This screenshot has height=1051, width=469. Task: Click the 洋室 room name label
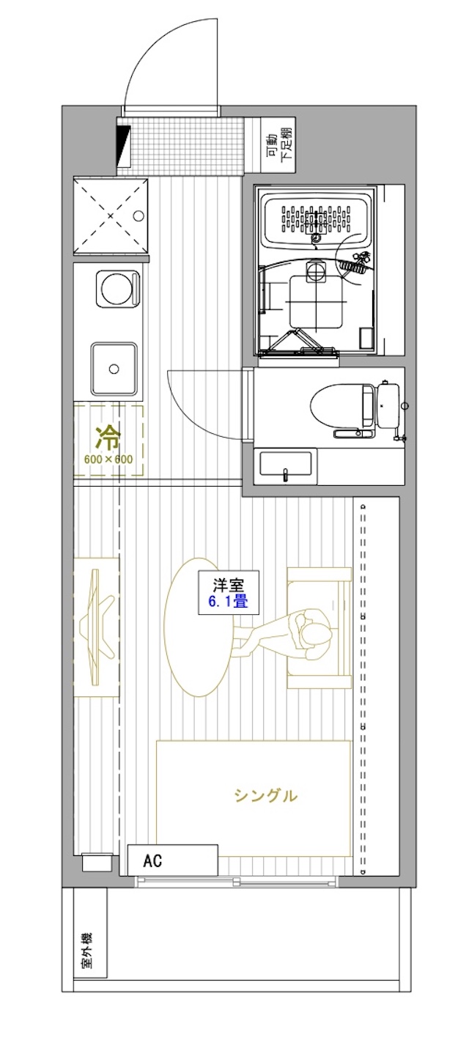point(229,585)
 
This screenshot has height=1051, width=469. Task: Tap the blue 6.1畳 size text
point(229,601)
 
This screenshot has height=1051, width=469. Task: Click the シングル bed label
point(265,795)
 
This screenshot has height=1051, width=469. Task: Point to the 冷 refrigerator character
point(108,438)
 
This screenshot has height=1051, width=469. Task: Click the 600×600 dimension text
point(108,459)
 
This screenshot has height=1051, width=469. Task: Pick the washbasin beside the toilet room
point(285,466)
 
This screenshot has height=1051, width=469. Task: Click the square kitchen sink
point(114,369)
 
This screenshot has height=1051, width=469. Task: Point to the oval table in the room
point(199,627)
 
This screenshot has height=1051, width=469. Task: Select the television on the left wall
point(97,628)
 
